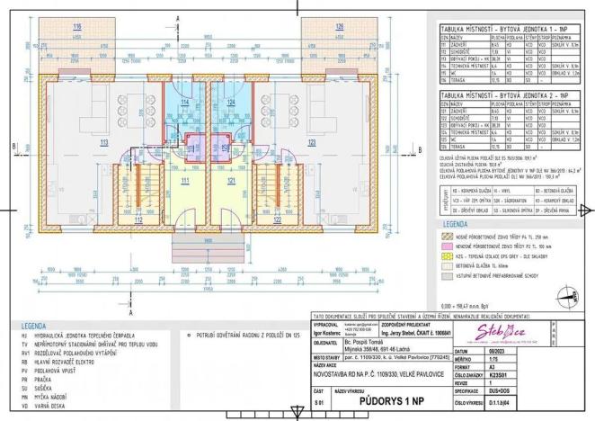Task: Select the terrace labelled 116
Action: point(77,27)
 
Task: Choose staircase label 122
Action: point(278,219)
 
